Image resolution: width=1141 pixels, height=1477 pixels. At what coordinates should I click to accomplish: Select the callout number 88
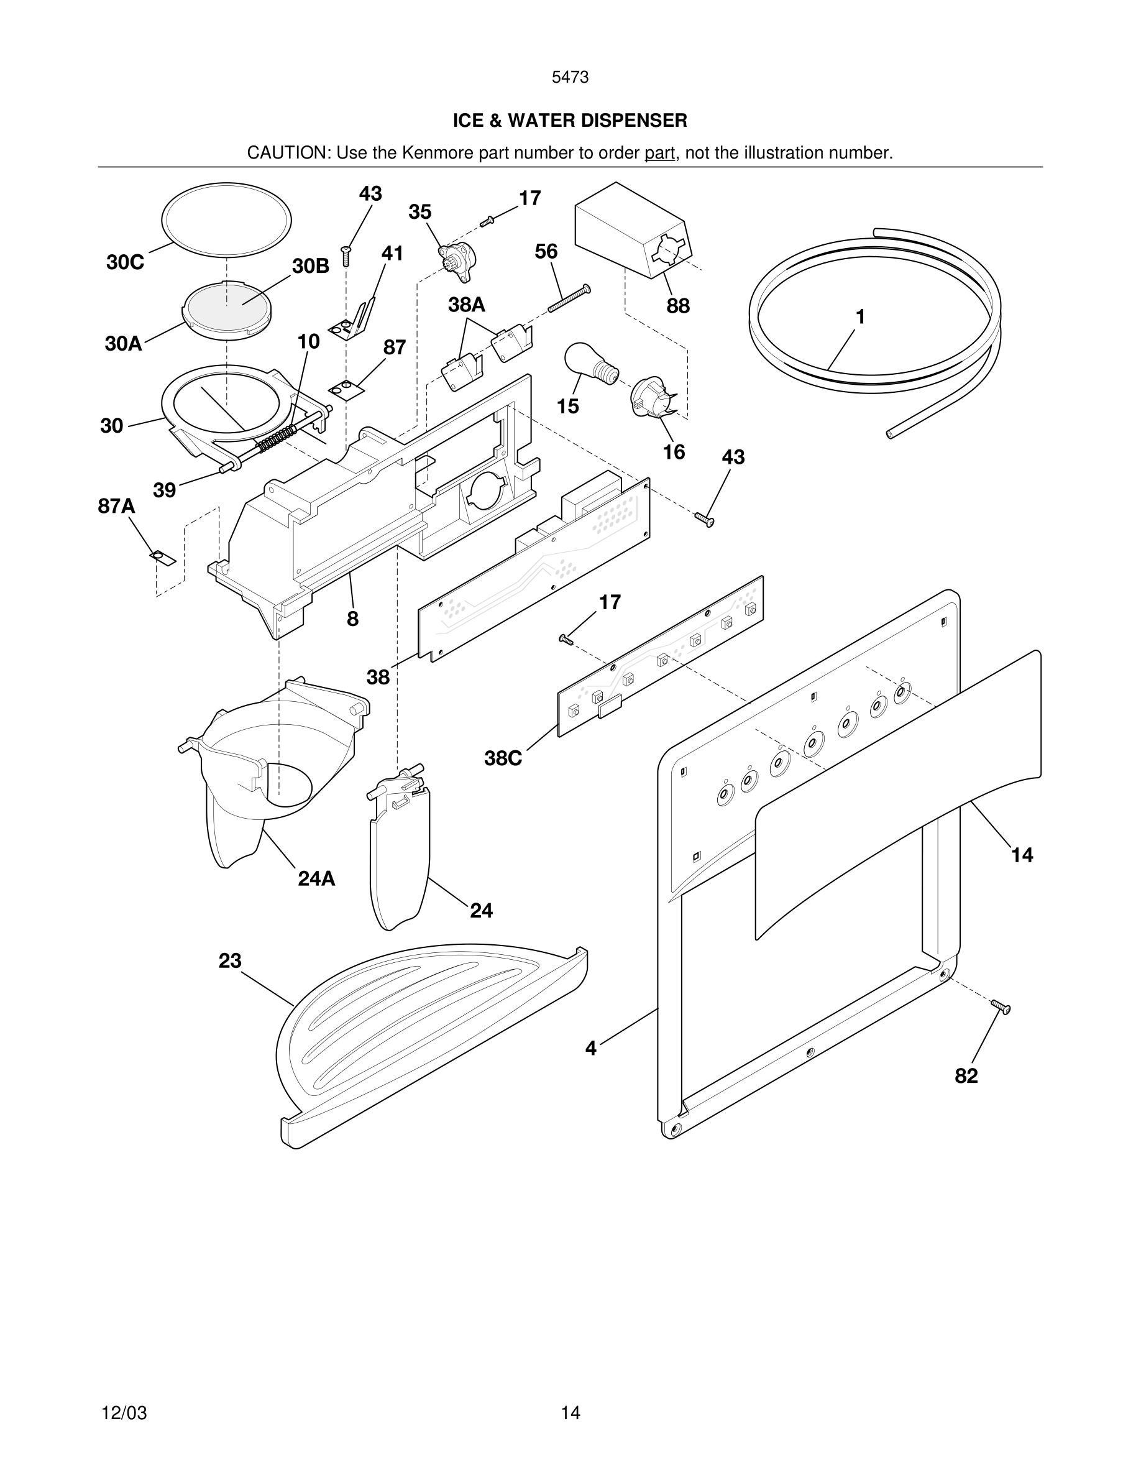coord(678,306)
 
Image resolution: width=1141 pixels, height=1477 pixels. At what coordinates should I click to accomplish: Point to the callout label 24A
coord(316,878)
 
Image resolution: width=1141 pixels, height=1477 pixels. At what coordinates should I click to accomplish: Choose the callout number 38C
coord(503,759)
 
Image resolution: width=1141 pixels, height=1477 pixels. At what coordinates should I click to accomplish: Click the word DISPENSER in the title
coord(633,121)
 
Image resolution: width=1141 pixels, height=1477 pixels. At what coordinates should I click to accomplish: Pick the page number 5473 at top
coord(570,78)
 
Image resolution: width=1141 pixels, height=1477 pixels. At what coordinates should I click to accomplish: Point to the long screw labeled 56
coord(569,299)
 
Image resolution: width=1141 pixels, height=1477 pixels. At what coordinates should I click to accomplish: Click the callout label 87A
coord(116,506)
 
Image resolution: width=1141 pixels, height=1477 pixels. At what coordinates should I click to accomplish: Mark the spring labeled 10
coord(277,438)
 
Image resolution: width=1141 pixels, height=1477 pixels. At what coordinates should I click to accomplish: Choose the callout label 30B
coord(310,267)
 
